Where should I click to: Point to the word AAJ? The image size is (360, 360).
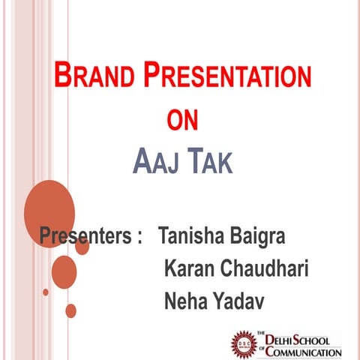point(155,160)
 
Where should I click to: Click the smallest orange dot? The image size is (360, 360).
point(46,292)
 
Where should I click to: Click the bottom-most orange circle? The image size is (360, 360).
point(70,310)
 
